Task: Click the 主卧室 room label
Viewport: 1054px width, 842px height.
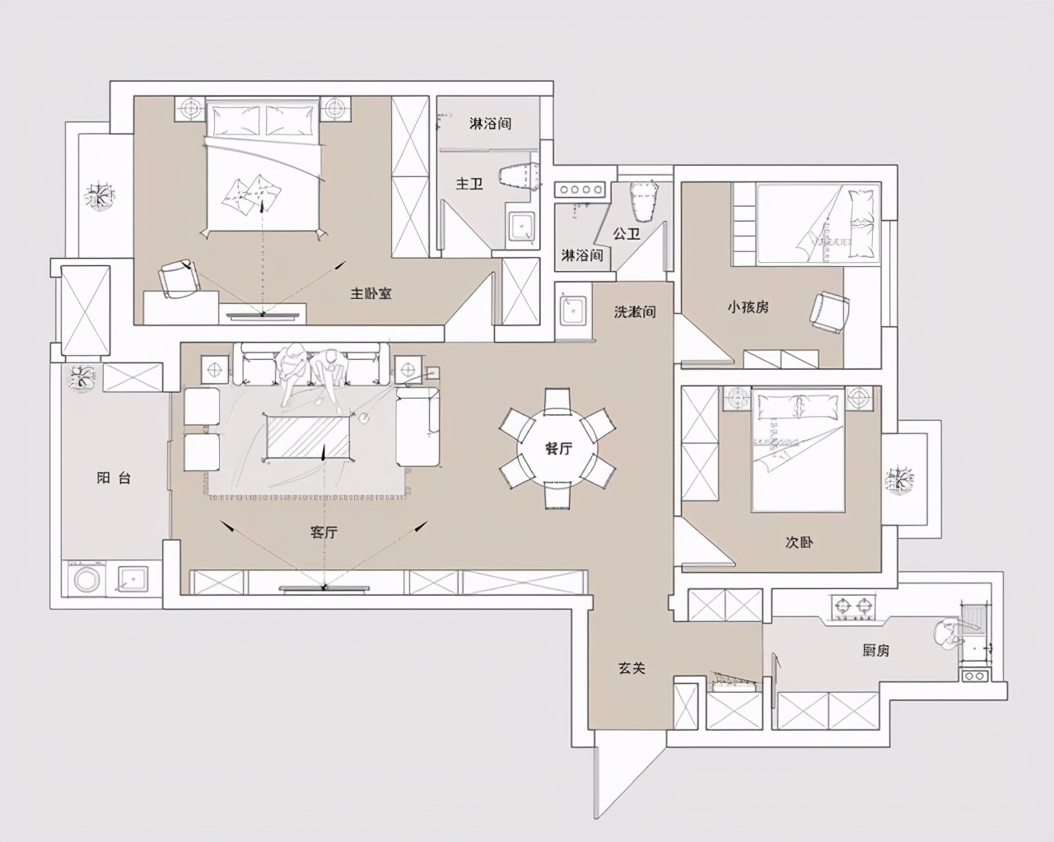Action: pyautogui.click(x=371, y=293)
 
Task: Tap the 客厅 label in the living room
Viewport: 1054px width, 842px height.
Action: pyautogui.click(x=324, y=532)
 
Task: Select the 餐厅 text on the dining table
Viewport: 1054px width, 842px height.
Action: pyautogui.click(x=558, y=448)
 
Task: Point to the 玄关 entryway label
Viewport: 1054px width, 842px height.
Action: pyautogui.click(x=632, y=667)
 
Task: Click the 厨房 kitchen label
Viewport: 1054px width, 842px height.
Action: pyautogui.click(x=875, y=650)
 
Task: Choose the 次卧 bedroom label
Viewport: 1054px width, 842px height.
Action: pyautogui.click(x=799, y=542)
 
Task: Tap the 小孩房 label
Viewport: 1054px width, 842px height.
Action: pyautogui.click(x=748, y=306)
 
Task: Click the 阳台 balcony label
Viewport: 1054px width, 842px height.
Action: pyautogui.click(x=114, y=478)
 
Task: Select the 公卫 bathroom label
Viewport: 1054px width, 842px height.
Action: pyautogui.click(x=627, y=234)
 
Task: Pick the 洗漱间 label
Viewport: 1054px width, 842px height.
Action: pyautogui.click(x=634, y=312)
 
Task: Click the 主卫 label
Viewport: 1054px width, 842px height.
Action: pyautogui.click(x=469, y=184)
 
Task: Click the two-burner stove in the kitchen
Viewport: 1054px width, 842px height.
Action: pyautogui.click(x=853, y=607)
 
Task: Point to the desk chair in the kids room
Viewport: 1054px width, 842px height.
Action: pyautogui.click(x=828, y=311)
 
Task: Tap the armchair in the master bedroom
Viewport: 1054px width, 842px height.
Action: pyautogui.click(x=180, y=278)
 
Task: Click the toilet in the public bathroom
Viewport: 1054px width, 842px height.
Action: pyautogui.click(x=644, y=199)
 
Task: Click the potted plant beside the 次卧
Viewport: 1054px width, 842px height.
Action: pyautogui.click(x=900, y=479)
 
